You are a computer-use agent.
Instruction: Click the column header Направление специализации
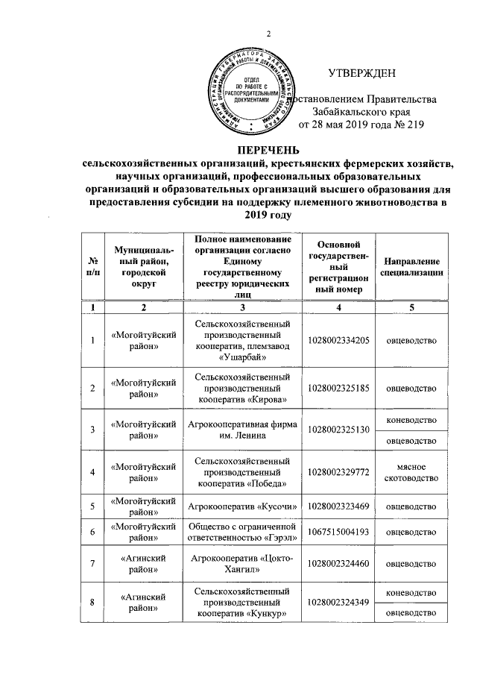[x=411, y=268]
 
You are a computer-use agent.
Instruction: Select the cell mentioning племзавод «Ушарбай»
[x=241, y=341]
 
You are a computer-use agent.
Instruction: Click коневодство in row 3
[x=411, y=420]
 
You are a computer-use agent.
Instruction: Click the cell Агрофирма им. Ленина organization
[x=241, y=430]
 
